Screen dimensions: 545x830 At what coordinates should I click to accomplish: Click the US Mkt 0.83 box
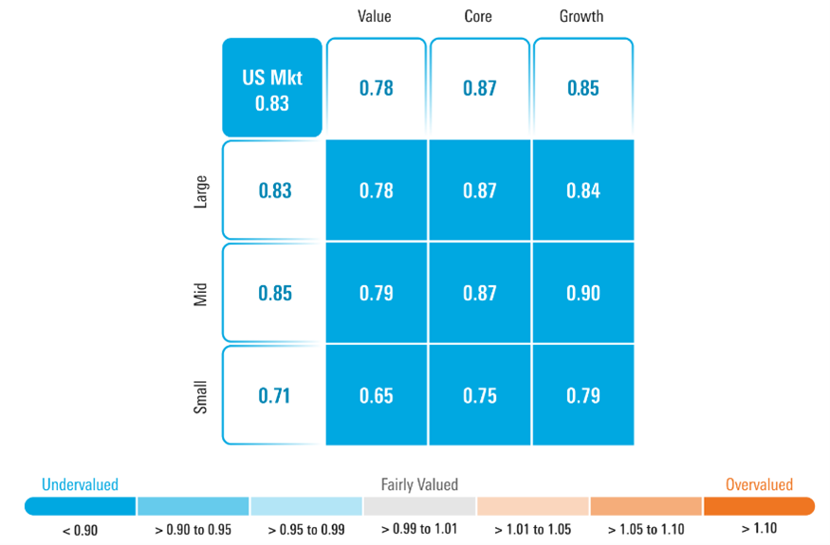coord(272,88)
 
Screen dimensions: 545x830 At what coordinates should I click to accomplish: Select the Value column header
coord(375,16)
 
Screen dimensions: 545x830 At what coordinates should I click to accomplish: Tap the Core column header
coord(478,16)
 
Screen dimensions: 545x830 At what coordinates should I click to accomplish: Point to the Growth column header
coord(581,16)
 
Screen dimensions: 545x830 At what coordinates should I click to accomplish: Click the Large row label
coord(201,191)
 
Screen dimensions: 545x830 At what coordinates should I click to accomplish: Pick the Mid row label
coord(201,293)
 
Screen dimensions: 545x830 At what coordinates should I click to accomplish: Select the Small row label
coord(201,395)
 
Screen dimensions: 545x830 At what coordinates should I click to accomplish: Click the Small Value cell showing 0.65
coord(377,395)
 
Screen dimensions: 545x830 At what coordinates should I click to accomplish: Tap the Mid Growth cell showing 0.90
coord(583,293)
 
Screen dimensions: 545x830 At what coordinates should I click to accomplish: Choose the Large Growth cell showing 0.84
coord(583,191)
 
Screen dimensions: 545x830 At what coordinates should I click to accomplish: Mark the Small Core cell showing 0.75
coord(480,395)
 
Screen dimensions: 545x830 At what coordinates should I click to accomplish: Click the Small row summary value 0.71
coord(275,395)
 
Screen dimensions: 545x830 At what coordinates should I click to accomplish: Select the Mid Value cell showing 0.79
coord(377,293)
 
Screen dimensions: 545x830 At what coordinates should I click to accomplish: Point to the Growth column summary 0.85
coord(583,88)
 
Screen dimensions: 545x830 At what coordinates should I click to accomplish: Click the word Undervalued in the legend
coord(80,484)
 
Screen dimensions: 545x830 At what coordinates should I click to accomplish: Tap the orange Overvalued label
coord(759,484)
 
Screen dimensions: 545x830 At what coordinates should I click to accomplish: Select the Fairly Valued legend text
coord(419,484)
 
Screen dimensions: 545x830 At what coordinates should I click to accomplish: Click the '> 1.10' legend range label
coord(759,529)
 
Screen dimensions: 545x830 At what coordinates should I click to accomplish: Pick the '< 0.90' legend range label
coord(80,529)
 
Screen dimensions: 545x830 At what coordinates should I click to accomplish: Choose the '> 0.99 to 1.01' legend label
coord(419,529)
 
